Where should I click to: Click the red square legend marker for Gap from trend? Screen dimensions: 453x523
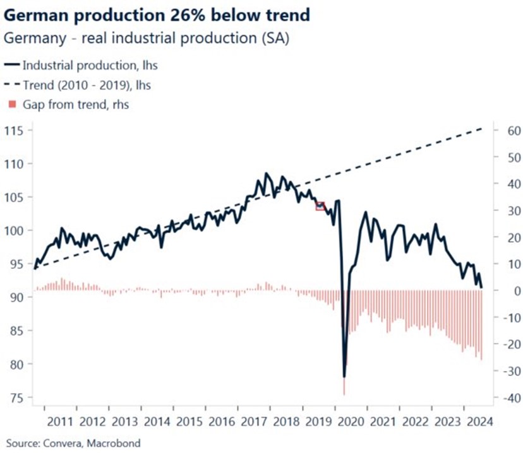click(11, 104)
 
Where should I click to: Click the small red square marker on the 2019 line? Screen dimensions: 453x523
click(320, 206)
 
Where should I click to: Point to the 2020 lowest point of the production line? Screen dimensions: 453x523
click(344, 377)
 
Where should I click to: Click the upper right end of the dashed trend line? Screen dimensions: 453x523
click(482, 128)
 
